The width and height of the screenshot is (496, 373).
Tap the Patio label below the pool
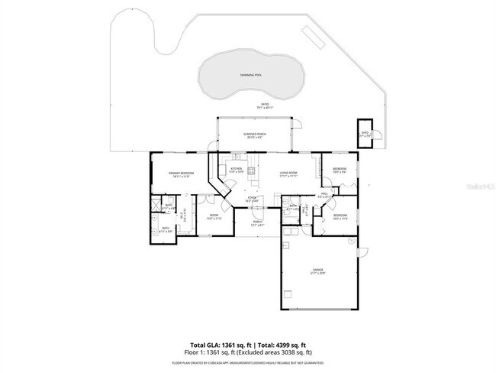[x=265, y=104]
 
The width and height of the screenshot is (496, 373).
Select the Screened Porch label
[x=254, y=135]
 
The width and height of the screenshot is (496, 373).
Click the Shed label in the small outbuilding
[x=365, y=132]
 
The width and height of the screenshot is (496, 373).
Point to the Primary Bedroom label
[x=181, y=174]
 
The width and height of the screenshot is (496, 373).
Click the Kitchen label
[x=237, y=168]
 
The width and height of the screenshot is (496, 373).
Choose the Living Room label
[x=288, y=173]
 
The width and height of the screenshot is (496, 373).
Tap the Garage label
[x=317, y=270]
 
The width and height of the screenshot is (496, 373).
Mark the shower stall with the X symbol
[x=156, y=206]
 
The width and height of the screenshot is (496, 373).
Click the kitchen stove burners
[x=252, y=170]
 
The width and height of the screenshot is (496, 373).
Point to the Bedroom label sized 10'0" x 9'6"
[x=340, y=169]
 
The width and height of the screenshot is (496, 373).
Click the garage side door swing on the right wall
[x=363, y=251]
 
